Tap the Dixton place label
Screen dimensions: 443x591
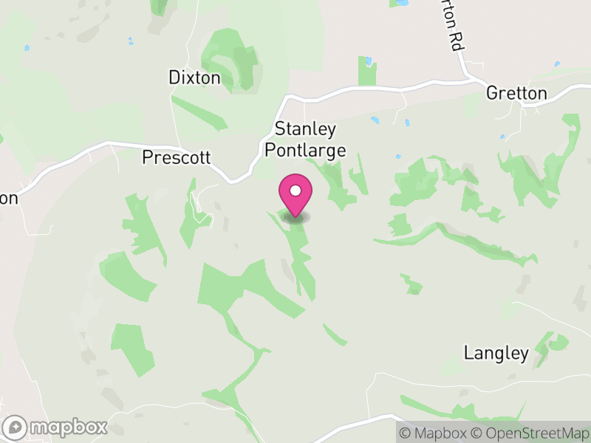point(194,78)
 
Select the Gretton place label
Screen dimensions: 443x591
point(516,94)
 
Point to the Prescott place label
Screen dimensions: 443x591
point(177,158)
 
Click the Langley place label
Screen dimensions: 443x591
point(496,354)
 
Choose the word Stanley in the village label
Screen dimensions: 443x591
point(305,130)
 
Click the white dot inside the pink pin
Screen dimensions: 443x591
point(295,190)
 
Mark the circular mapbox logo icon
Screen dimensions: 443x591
point(16,427)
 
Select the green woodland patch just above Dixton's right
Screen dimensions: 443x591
point(235,59)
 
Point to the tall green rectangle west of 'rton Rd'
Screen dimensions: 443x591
point(367,71)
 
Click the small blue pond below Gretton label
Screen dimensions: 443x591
point(502,137)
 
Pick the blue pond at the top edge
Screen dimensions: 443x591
point(403,3)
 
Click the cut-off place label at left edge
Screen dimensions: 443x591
point(8,198)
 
